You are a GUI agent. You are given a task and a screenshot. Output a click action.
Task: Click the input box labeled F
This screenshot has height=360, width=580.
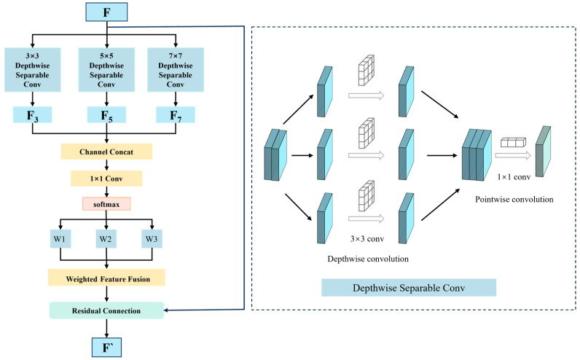click(106, 12)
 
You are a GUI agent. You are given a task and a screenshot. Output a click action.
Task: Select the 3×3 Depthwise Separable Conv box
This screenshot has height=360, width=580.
click(33, 70)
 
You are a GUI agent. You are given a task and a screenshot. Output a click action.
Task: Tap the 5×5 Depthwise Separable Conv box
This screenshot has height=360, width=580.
click(106, 70)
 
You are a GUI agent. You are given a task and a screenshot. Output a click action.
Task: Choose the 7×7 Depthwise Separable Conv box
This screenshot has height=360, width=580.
click(176, 70)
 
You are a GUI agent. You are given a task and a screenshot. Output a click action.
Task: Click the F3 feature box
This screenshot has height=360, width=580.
click(33, 115)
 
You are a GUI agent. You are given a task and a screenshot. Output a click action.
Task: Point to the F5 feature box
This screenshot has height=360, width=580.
click(106, 115)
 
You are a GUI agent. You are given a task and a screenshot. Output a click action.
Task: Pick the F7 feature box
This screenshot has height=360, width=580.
click(176, 115)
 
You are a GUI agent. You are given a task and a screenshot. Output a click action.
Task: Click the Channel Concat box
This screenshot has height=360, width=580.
click(106, 152)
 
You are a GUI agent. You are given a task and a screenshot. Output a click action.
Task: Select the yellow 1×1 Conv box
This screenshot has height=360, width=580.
click(106, 179)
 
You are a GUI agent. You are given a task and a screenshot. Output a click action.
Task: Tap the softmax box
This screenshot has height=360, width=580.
click(106, 204)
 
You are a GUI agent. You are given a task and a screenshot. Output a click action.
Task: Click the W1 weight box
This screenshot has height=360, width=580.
click(60, 238)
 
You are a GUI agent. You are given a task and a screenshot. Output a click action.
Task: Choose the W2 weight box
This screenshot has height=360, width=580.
click(106, 238)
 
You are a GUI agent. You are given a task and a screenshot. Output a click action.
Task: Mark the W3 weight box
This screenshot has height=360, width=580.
click(152, 238)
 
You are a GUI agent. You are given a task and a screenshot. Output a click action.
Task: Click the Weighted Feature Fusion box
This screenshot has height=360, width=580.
click(106, 278)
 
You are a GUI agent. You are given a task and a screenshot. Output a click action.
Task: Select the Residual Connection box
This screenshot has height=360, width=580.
click(106, 310)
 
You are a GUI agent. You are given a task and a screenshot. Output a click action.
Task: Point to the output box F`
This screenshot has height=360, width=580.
click(106, 348)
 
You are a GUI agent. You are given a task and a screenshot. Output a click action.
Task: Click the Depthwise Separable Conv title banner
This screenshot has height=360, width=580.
click(409, 288)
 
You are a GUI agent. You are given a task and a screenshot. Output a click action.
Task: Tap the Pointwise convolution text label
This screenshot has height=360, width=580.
click(514, 200)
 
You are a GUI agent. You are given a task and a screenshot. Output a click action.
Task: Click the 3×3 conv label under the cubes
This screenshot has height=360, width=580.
click(367, 239)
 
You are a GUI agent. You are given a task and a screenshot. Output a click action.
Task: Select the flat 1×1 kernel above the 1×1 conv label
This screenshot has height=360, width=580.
click(514, 142)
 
